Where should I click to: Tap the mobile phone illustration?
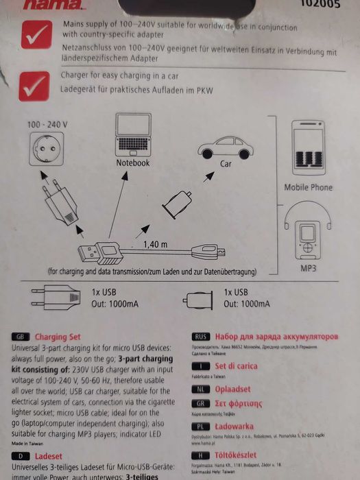(x=308, y=150)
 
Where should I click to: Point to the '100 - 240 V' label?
(x=47, y=125)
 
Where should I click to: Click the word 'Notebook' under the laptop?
(x=132, y=163)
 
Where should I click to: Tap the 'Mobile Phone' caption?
(x=308, y=187)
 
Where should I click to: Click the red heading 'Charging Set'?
(x=58, y=337)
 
